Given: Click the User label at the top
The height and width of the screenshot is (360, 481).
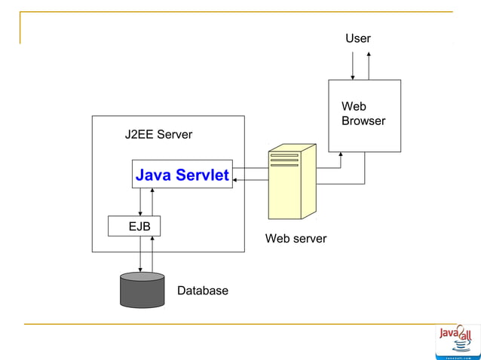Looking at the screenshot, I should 357,38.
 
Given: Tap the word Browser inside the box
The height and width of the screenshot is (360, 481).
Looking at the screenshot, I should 363,121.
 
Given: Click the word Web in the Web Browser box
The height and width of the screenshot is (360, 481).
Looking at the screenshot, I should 353,107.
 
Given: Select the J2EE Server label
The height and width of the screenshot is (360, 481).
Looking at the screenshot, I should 158,135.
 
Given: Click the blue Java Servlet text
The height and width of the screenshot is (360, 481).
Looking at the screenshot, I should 182,175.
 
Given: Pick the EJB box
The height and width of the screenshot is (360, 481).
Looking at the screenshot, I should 134,225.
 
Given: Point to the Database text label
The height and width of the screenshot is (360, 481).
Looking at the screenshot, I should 202,291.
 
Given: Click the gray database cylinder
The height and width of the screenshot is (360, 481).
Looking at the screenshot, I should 142,290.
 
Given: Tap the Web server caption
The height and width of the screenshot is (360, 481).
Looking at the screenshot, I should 296,239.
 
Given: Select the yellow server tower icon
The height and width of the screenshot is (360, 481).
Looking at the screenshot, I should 291,182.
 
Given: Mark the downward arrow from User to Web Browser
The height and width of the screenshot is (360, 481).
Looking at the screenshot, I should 353,66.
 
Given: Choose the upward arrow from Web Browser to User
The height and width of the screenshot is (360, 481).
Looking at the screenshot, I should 369,66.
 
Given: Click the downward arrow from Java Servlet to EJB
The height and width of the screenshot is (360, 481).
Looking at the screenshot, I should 140,202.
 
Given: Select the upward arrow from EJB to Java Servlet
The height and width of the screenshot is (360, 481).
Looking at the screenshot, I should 152,202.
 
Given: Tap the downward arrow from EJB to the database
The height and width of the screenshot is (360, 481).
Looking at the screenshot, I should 140,255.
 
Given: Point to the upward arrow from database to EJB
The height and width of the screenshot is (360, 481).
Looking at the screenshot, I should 152,255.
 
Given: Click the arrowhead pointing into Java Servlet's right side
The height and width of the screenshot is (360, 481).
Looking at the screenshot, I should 236,180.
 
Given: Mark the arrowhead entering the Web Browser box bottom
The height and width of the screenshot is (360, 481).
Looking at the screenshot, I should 341,155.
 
